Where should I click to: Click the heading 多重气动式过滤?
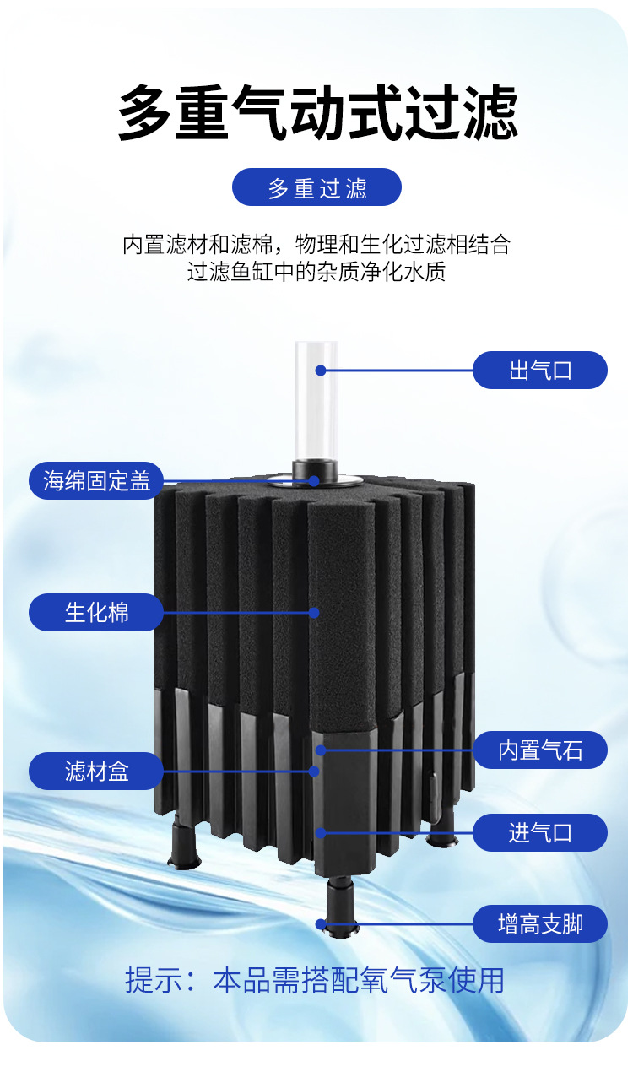click(x=316, y=113)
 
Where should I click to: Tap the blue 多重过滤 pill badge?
click(x=316, y=187)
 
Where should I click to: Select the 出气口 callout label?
click(x=540, y=370)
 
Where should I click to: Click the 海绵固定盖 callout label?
click(x=96, y=480)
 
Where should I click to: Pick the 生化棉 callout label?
click(x=96, y=612)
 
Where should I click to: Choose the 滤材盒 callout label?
click(x=96, y=771)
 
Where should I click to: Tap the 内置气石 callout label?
click(x=540, y=750)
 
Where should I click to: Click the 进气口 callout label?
click(x=540, y=833)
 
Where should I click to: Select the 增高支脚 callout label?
click(x=540, y=924)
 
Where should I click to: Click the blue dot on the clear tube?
click(x=321, y=370)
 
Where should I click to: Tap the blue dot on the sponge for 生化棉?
click(x=315, y=612)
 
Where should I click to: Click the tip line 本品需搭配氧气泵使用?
click(x=358, y=980)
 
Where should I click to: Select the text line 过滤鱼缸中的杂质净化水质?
click(x=316, y=273)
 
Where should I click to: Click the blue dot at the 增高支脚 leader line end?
click(x=322, y=924)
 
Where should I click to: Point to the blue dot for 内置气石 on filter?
click(x=321, y=750)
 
